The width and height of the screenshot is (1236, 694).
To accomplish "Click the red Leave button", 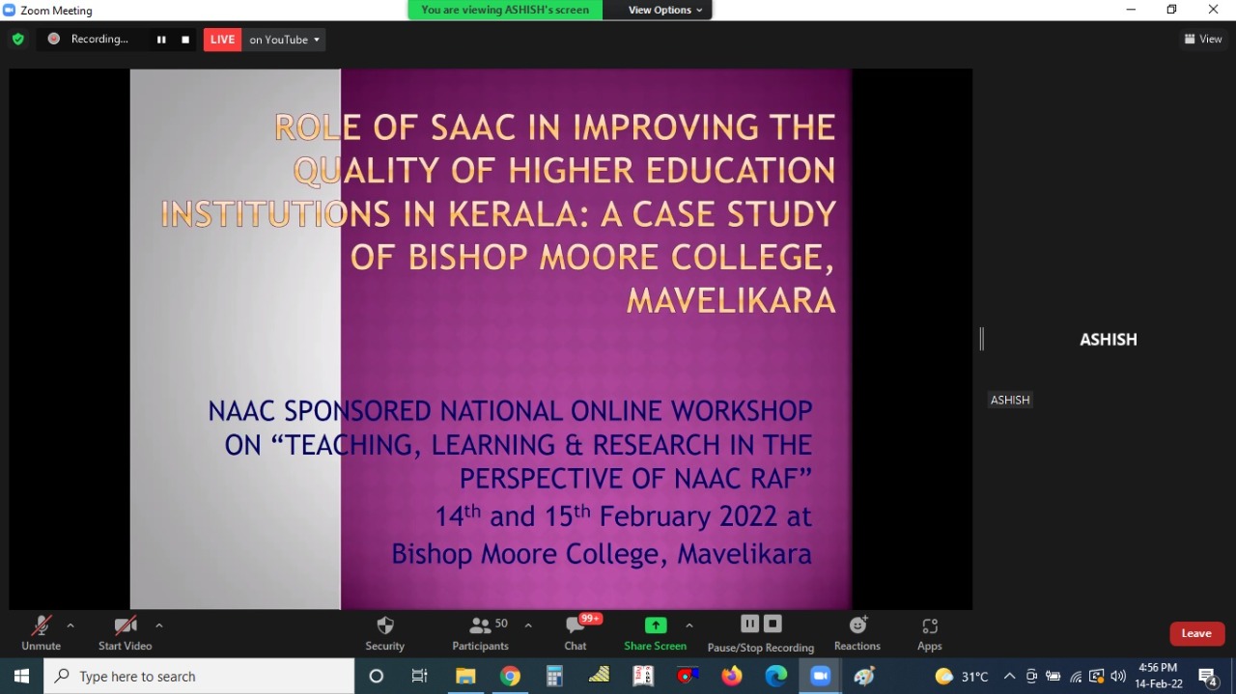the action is coord(1196,633).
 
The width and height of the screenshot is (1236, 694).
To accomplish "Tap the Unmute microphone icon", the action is coord(41,625).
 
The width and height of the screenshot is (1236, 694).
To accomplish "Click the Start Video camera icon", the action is coord(126,625).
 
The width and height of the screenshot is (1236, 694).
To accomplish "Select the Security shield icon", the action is coord(385,625).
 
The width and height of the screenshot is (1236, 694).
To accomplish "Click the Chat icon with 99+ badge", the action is coord(575,625).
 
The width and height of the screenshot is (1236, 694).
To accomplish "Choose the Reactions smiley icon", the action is coord(857,625).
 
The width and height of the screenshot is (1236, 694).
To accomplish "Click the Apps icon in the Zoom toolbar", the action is coord(930,626).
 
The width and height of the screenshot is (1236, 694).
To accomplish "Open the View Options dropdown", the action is coord(664,10).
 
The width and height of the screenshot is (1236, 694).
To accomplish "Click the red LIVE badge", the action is coord(222,40).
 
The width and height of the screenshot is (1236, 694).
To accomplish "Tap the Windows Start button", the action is coord(21,676).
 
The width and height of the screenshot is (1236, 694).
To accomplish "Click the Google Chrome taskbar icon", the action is coord(510,676).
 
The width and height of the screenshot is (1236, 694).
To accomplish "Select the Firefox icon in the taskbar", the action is coord(732,676).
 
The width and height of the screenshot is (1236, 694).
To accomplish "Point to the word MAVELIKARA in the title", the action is coord(731,300).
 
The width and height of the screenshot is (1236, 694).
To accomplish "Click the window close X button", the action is coord(1213,10).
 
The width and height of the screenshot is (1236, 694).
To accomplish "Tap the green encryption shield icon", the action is coord(18,40).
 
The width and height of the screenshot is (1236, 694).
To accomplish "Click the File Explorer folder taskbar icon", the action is coord(465,676).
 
